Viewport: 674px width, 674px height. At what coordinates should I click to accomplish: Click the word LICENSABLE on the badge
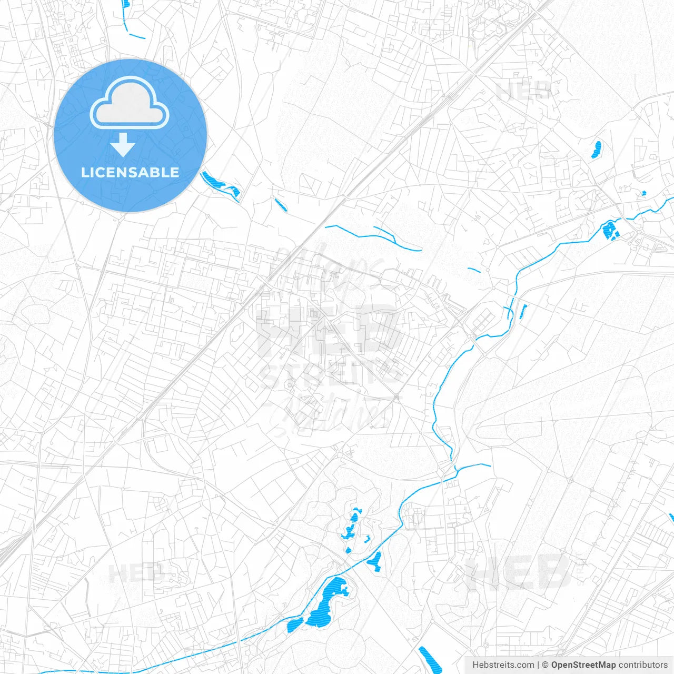pos(130,172)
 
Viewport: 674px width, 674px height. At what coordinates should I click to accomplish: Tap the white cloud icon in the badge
pos(130,103)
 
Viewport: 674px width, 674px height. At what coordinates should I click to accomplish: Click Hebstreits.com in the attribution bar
pos(503,665)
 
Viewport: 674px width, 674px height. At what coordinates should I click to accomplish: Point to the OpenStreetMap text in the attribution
pos(583,665)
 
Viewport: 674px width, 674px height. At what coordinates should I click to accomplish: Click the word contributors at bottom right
pos(643,665)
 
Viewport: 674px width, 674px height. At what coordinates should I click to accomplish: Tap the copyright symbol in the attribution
pos(546,665)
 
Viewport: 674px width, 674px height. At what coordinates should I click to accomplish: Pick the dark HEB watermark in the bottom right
pos(519,573)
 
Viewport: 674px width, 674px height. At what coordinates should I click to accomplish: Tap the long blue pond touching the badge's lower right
pos(220,184)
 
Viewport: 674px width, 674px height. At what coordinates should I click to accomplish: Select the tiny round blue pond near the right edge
pos(643,193)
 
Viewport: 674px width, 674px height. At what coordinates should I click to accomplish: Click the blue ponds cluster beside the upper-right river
pos(611,231)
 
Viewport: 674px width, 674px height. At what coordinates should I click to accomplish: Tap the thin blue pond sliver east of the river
pos(523,311)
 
